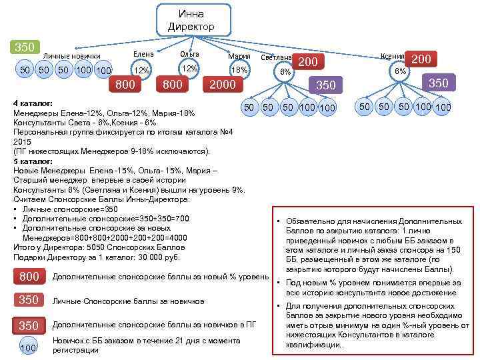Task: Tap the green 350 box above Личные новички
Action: tap(25, 47)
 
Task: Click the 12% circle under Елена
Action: tap(141, 70)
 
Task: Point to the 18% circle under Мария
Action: tap(239, 69)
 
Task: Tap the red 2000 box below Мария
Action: tap(223, 85)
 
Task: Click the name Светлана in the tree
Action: tap(274, 58)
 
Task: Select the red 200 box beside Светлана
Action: tap(307, 62)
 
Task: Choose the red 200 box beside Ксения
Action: tap(421, 59)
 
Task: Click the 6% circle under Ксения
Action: tap(399, 71)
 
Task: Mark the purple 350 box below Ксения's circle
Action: tap(438, 83)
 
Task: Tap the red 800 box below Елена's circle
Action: tap(125, 85)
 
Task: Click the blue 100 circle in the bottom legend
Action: tap(28, 347)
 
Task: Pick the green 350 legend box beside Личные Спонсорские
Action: tap(29, 301)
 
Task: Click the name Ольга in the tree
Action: tap(191, 53)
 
